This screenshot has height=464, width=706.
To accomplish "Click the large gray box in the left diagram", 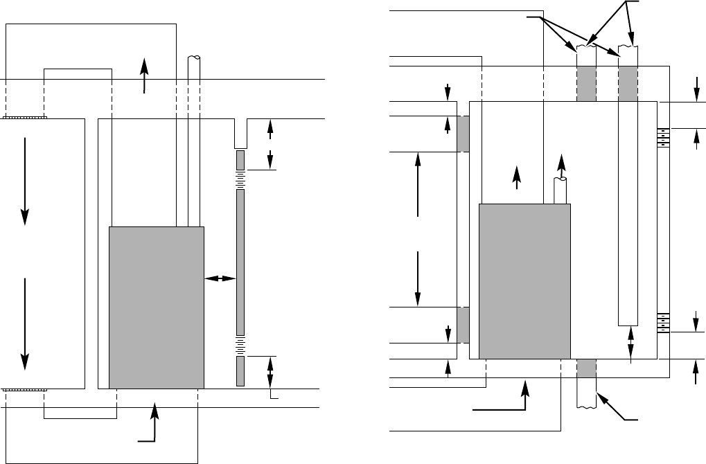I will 157,307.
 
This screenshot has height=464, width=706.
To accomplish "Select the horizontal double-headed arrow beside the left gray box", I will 220,278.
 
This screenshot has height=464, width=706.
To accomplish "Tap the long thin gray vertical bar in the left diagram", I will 240,262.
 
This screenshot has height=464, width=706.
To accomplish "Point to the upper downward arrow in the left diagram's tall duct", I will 26,180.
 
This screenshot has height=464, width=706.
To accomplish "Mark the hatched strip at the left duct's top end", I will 25,118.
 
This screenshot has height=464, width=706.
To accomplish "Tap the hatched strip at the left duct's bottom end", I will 25,390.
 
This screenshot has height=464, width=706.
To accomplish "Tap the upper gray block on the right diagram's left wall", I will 463,134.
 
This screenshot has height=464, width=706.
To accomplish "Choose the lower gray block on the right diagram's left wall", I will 463,324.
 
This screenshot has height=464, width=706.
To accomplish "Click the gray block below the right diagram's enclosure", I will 586,368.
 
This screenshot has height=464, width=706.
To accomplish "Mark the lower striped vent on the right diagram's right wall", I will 663,323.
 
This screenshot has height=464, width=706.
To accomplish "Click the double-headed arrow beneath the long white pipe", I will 630,343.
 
